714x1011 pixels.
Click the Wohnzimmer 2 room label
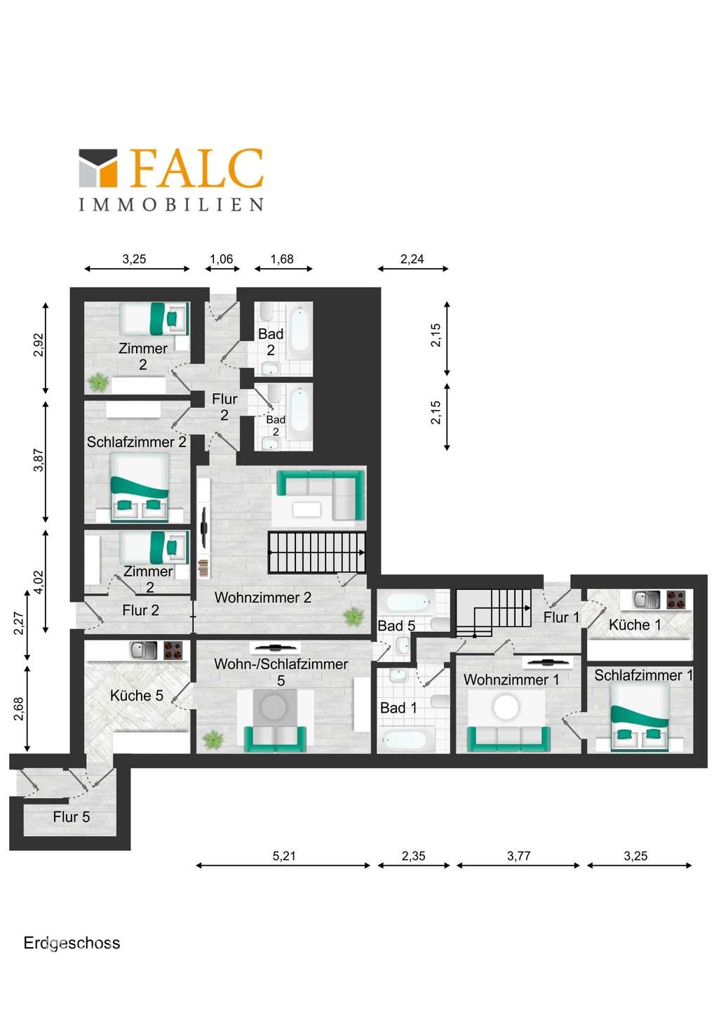[263, 597]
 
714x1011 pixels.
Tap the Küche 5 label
[137, 696]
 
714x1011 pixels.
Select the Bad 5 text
[396, 626]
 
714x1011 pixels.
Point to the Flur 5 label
[72, 817]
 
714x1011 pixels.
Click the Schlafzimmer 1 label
[643, 675]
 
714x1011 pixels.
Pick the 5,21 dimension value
[284, 856]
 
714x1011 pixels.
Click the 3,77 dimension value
[518, 856]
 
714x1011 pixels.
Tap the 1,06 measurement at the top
[222, 259]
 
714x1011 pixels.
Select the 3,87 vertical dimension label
[39, 460]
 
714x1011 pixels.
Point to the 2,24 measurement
[412, 259]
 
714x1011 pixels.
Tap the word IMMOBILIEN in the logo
[171, 204]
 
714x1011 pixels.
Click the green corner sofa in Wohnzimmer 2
[321, 495]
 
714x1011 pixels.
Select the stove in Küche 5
[175, 651]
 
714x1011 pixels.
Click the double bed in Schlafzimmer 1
[639, 718]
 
